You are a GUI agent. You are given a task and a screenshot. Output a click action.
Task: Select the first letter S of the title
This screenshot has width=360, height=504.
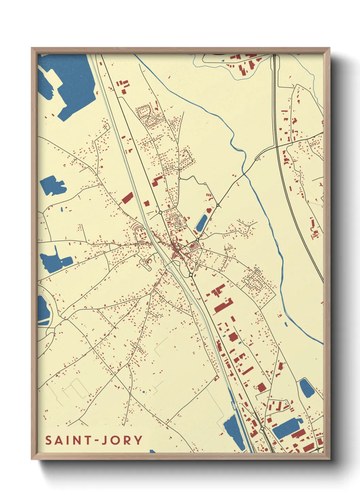click(x=49, y=440)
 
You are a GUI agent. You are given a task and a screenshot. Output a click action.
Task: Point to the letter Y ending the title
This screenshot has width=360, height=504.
click(x=138, y=440)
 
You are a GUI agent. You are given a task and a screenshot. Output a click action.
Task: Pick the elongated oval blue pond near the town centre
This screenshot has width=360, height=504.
click(x=201, y=222)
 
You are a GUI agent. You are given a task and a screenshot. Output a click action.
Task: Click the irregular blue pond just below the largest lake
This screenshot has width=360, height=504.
click(x=53, y=185)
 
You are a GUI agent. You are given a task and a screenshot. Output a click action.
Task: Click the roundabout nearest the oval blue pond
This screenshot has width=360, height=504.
click(x=197, y=240)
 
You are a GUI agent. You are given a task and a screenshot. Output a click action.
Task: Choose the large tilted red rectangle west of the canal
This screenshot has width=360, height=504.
click(x=127, y=198)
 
